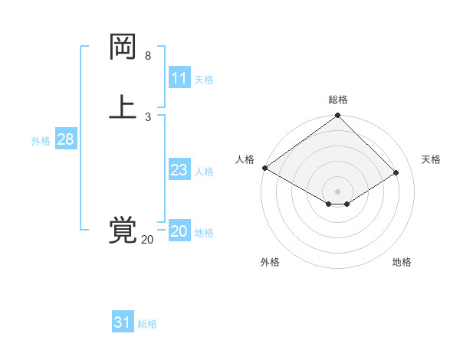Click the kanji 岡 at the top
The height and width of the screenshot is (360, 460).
pos(123,47)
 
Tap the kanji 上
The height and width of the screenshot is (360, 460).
pos(123,107)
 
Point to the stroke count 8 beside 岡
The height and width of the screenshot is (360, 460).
pos(148,56)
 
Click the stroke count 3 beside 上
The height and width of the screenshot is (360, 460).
pos(148,116)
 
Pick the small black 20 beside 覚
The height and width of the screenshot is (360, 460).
pos(147,240)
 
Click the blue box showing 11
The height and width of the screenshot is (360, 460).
pos(179,78)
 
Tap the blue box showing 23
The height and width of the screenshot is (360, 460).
pos(179,170)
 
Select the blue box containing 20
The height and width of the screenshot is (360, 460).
pos(179,231)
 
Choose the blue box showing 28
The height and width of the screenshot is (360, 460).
pos(65,139)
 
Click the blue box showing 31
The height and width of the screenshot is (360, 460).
pos(122,322)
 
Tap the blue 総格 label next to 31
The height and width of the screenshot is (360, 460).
pos(147,324)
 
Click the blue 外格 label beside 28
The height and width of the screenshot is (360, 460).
pos(41,141)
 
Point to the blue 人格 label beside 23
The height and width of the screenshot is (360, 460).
pos(205,172)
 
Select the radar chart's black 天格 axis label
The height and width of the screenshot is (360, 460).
pos(431,159)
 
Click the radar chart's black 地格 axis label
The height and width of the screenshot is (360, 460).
pos(402,262)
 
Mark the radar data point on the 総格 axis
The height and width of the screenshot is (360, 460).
pos(337,116)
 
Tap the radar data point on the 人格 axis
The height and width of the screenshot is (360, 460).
pos(264,168)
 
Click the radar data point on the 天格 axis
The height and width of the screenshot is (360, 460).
pos(396,172)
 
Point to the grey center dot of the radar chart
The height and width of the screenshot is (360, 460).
pos(337,191)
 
